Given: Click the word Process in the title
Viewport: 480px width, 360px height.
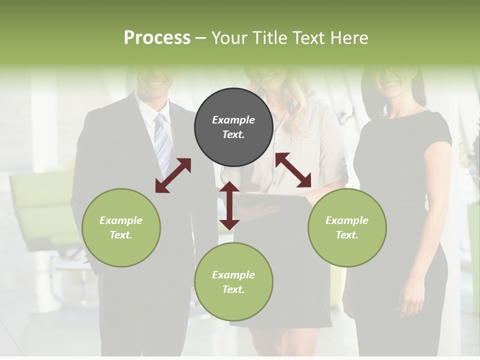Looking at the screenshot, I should (157, 38).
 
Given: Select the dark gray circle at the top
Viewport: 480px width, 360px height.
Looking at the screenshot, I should (233, 127).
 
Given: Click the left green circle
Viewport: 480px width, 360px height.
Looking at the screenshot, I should (121, 227).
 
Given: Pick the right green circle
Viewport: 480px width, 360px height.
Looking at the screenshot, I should (347, 227).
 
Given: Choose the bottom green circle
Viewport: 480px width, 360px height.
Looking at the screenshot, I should (233, 281).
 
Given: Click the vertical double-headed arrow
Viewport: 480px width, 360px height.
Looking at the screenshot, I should (229, 205).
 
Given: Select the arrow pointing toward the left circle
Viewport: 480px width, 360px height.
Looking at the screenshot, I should (173, 175).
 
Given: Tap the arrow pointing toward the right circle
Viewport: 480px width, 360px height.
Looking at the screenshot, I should (293, 170).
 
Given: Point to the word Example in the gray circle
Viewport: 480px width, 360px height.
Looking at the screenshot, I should (233, 120).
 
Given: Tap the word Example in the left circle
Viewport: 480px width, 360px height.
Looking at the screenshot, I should (121, 220).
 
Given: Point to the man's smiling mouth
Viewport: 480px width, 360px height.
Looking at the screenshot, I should (156, 81).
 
